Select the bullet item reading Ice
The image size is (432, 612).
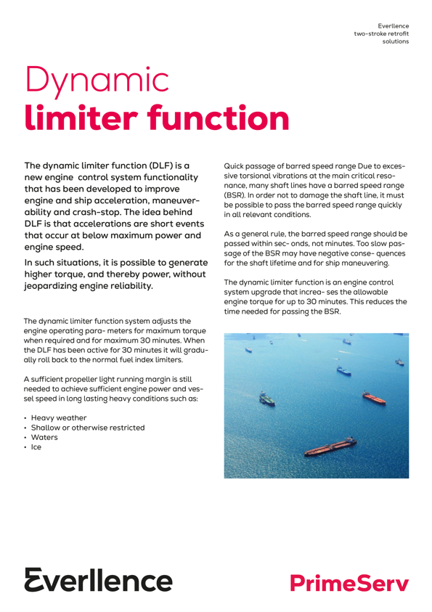pyautogui.click(x=36, y=448)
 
